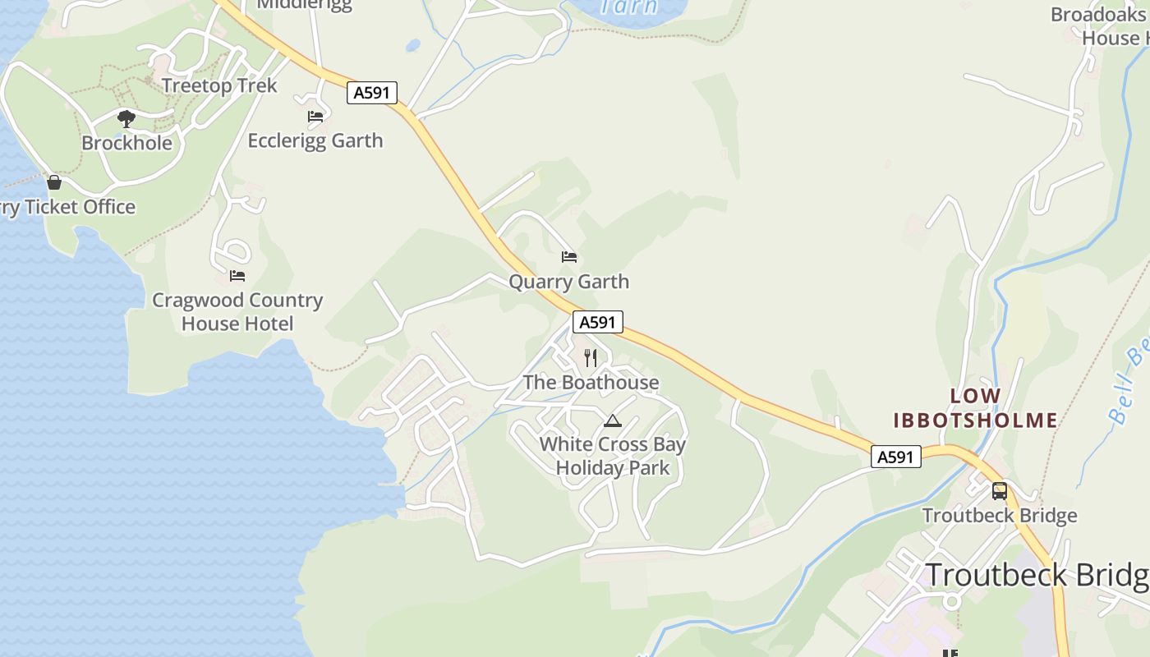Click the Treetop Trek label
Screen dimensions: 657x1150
219,85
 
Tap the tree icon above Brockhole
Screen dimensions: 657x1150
126,119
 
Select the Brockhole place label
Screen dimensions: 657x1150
126,143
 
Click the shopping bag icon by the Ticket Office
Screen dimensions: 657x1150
54,182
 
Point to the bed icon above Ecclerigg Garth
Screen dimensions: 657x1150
315,117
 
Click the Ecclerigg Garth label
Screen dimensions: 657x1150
315,140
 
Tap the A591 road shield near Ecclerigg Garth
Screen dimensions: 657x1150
371,93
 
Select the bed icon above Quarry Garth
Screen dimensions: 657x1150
569,257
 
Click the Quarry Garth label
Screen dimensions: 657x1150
568,282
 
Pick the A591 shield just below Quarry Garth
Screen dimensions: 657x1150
597,322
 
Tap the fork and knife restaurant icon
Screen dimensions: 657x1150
591,357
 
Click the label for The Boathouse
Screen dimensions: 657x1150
591,383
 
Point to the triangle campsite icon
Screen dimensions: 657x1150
612,421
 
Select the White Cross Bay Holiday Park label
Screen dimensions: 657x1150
613,456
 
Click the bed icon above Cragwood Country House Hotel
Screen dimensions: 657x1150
237,276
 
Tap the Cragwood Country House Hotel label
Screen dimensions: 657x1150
237,312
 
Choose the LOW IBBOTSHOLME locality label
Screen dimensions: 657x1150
975,408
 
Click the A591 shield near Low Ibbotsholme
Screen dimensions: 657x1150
895,457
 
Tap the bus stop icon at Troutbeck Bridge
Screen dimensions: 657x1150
1000,491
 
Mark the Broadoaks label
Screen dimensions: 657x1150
1097,15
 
